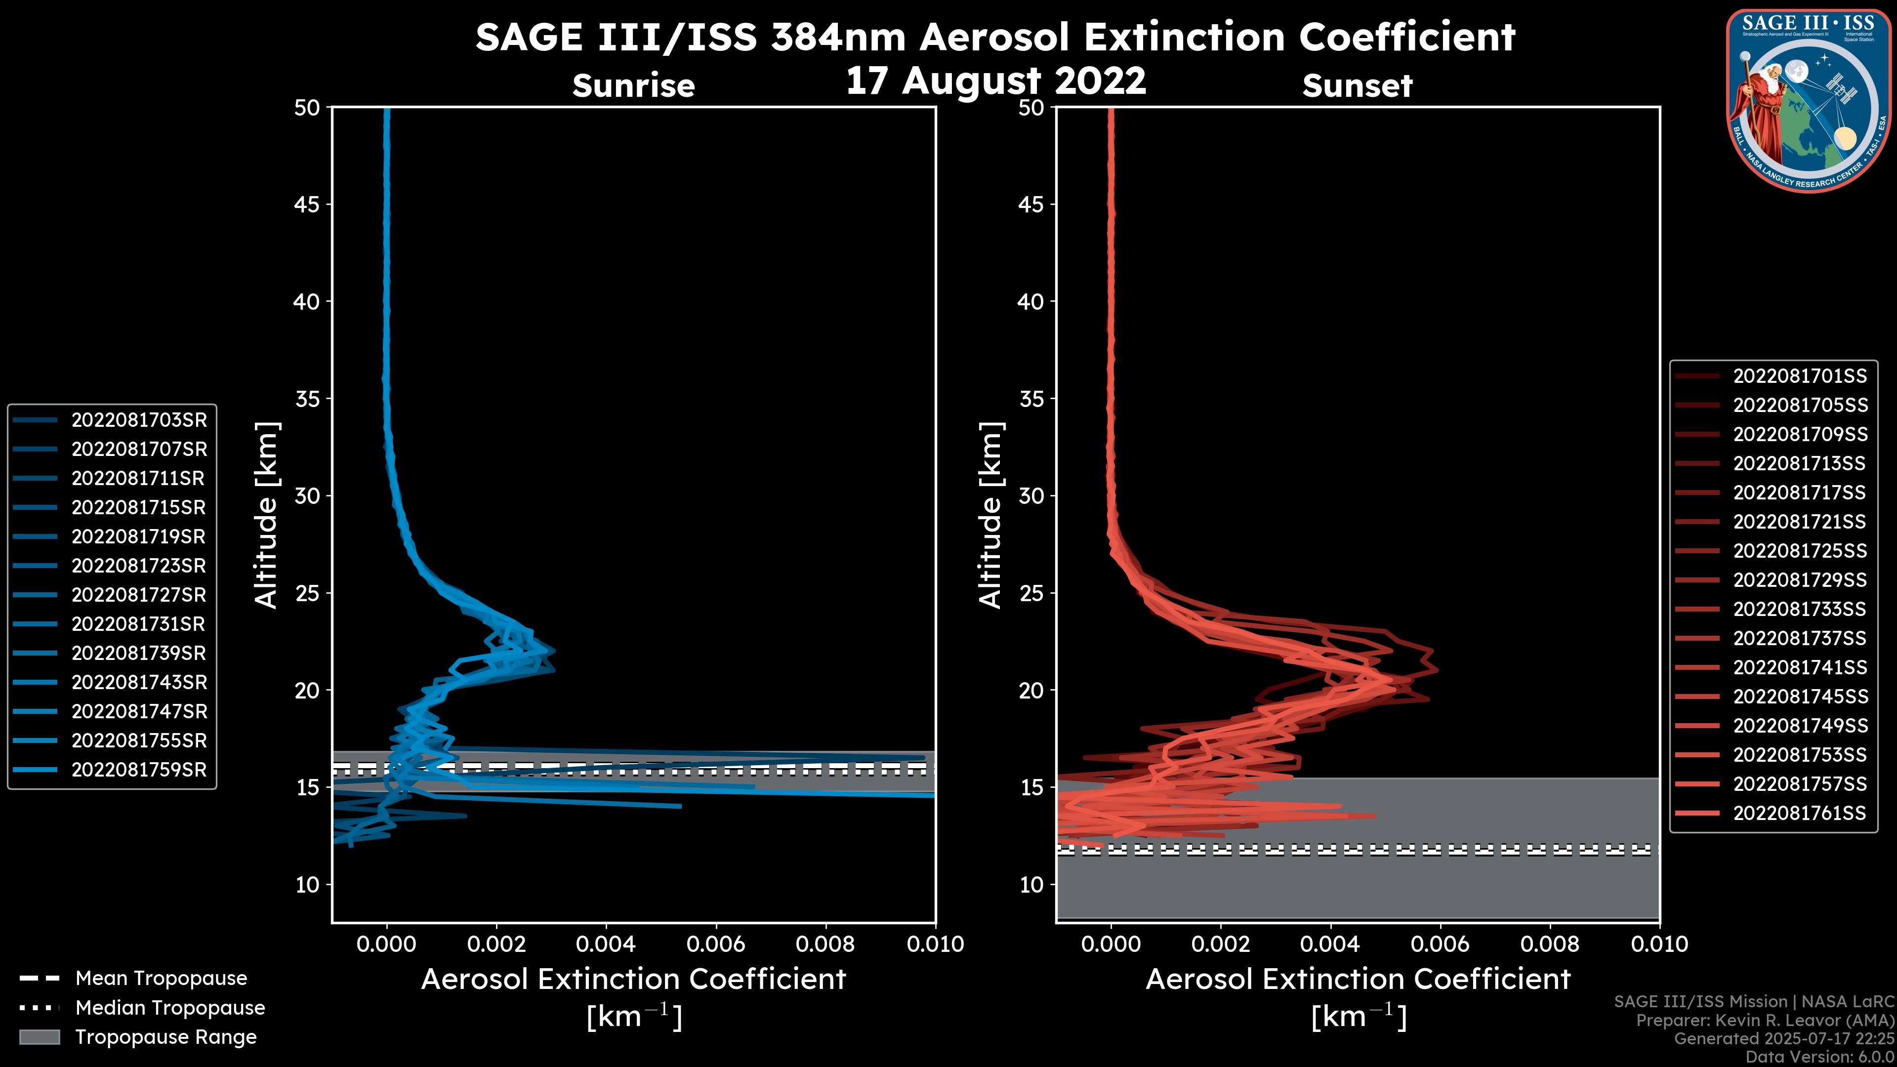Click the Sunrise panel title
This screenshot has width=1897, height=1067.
(633, 85)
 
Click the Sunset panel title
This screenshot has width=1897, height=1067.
(1357, 85)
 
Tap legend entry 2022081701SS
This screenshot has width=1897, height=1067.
(1800, 376)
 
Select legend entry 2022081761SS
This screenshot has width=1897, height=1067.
(1800, 813)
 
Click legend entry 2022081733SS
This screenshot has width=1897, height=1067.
(1800, 609)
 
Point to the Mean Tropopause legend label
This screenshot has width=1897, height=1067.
(161, 978)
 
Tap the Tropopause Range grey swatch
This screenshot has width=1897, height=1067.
(39, 1037)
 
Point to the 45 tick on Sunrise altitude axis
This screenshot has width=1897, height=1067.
(307, 204)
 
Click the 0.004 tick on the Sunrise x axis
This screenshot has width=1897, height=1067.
(605, 944)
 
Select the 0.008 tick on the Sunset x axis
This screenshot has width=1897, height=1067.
(1550, 944)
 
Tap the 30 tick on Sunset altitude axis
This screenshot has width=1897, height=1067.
(1031, 495)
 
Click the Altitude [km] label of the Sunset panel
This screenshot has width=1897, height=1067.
(990, 515)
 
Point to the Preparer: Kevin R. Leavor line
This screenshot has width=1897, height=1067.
(1765, 1020)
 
